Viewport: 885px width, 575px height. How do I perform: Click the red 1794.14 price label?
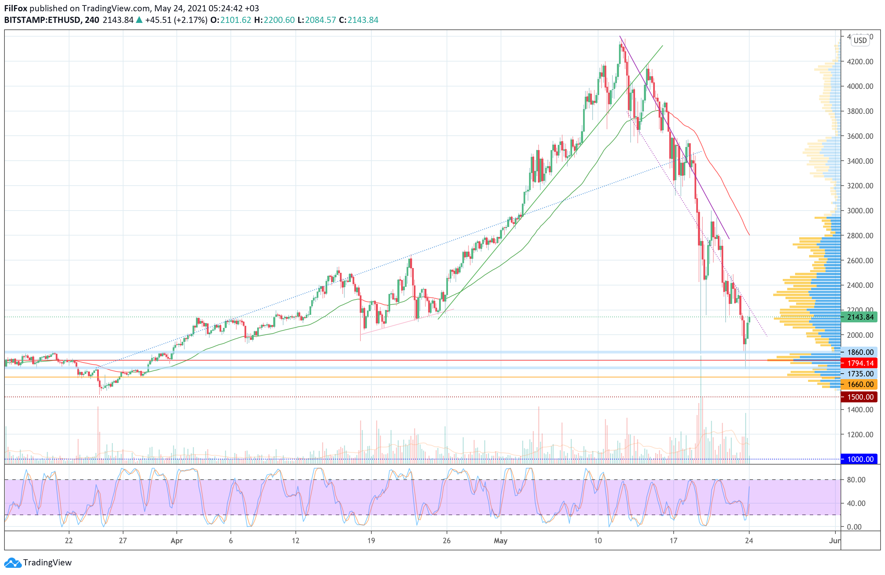point(859,363)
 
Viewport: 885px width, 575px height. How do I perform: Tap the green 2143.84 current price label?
point(859,317)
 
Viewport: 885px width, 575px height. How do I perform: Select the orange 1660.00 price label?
point(859,384)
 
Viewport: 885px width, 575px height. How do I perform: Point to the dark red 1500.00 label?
point(859,397)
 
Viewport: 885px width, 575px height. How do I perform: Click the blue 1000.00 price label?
point(859,459)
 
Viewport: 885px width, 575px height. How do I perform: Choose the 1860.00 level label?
point(859,352)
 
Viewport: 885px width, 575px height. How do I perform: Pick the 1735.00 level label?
point(859,374)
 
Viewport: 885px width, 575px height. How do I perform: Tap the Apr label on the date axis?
point(177,541)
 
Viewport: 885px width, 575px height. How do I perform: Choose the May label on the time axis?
point(501,541)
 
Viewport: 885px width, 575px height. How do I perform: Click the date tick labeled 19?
point(371,541)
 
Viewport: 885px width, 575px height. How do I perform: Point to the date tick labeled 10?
point(597,541)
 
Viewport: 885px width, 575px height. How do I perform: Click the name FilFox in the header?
point(16,8)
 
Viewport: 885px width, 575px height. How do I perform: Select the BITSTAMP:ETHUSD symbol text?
point(42,20)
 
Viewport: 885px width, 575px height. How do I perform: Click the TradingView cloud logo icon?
point(13,563)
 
